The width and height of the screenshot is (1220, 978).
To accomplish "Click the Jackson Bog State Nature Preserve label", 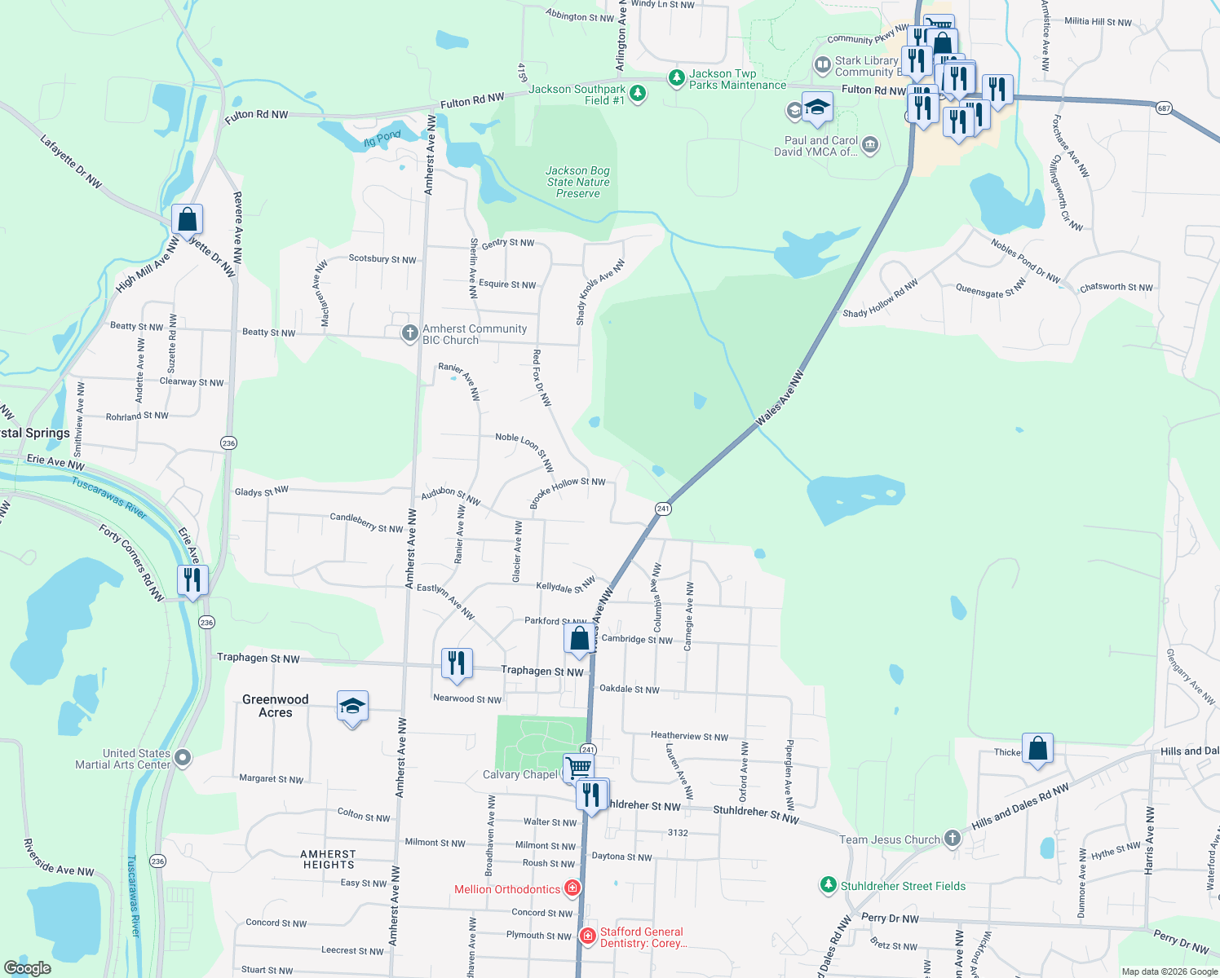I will (x=578, y=182).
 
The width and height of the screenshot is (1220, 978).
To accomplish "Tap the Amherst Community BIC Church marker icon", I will (x=410, y=333).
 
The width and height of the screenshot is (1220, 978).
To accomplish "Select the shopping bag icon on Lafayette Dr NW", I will (x=188, y=220).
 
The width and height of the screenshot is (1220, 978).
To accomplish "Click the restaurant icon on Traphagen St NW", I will (x=457, y=663).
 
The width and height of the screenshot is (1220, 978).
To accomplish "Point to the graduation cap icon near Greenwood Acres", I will (x=352, y=707).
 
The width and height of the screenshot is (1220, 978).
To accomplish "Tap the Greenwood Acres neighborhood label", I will (x=276, y=706).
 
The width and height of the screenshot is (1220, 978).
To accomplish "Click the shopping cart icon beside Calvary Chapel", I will (x=578, y=768).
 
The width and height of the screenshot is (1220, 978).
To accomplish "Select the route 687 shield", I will (x=1164, y=108).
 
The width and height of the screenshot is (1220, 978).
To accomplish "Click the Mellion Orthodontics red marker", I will (x=572, y=888).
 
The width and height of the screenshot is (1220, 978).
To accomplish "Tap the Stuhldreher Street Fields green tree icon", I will (x=829, y=885).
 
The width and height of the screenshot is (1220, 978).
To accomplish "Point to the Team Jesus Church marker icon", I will (x=953, y=839).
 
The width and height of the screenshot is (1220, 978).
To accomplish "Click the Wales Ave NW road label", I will (x=780, y=399).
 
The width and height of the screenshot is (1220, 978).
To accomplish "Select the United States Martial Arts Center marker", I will (x=183, y=758).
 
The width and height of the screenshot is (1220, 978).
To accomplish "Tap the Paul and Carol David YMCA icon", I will (x=870, y=145).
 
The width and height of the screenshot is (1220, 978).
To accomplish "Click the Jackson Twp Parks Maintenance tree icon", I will (x=676, y=78).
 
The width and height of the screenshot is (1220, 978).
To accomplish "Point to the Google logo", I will (x=28, y=967).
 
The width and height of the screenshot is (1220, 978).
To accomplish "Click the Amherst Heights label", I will (x=329, y=859).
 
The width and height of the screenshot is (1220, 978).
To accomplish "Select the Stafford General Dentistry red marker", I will (x=587, y=936).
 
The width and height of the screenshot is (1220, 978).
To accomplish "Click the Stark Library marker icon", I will (x=822, y=64).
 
